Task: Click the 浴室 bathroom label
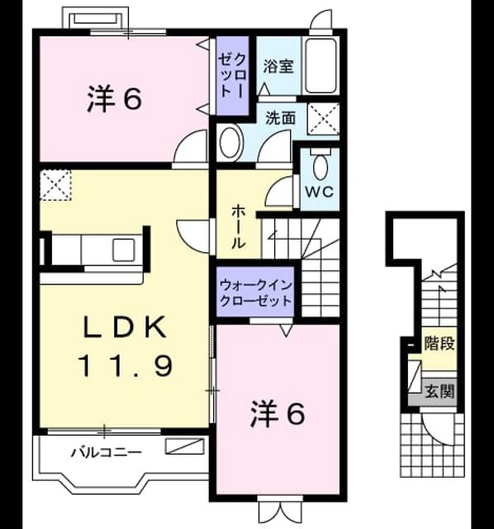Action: click(x=278, y=66)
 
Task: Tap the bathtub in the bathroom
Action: click(x=321, y=65)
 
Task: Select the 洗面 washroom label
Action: click(x=281, y=117)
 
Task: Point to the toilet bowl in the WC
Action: click(x=320, y=167)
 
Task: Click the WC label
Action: click(x=320, y=192)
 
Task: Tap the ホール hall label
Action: click(x=239, y=226)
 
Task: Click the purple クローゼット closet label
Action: click(x=232, y=76)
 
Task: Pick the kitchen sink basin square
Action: click(x=124, y=250)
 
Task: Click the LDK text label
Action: click(x=125, y=326)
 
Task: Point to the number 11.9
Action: click(x=126, y=365)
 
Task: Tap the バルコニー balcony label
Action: click(x=107, y=452)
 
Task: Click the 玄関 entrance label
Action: click(x=439, y=392)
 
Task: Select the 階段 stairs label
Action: click(x=439, y=344)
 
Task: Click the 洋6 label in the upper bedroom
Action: click(x=114, y=99)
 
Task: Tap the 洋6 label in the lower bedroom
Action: click(x=278, y=414)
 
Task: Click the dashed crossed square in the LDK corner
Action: click(x=55, y=185)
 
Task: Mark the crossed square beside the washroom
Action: click(x=324, y=119)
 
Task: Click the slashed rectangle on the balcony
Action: click(x=185, y=446)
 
